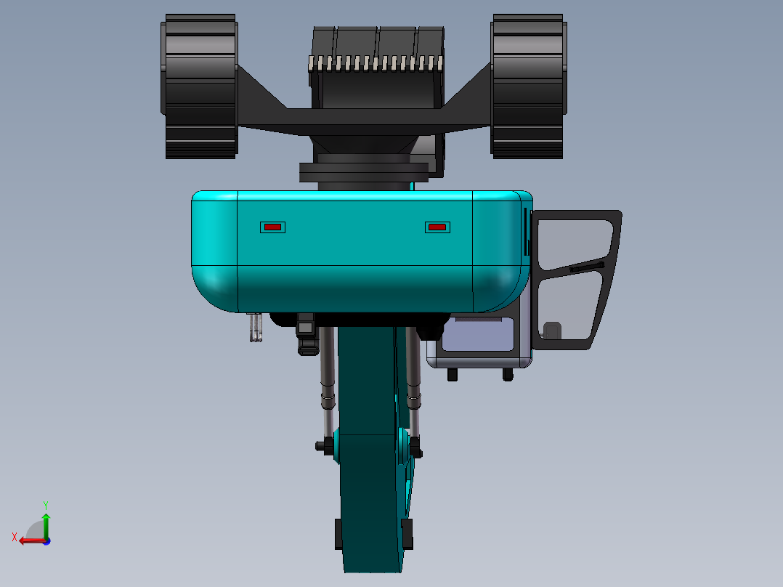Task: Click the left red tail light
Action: point(272,227)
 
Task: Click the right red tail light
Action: point(437,227)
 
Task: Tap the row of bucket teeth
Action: point(376,63)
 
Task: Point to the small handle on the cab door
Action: point(553,331)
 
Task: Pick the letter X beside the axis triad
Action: point(14,537)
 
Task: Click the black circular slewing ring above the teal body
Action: point(363,172)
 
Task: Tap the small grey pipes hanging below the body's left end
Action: point(255,326)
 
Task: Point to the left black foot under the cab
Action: point(453,374)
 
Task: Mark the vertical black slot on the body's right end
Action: point(525,231)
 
